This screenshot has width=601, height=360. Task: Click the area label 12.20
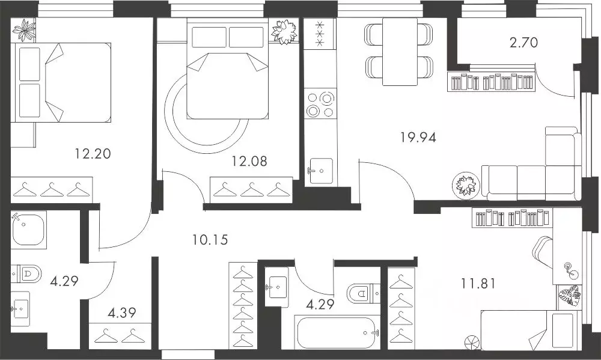93,154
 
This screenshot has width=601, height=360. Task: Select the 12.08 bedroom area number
249,161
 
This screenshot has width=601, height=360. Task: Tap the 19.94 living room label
418,137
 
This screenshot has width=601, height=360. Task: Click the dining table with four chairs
399,51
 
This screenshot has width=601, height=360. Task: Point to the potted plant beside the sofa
466,184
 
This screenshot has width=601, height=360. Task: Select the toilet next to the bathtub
363,293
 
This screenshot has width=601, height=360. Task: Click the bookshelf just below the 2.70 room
490,82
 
